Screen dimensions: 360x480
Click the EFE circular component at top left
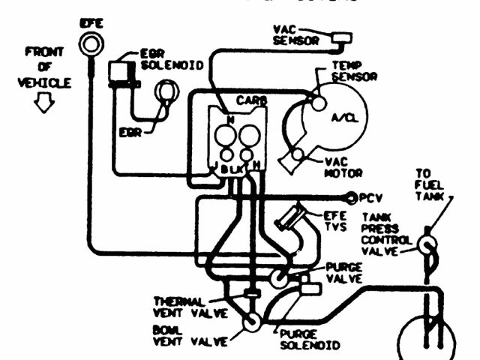click(x=91, y=46)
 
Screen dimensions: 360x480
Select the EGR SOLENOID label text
click(x=172, y=60)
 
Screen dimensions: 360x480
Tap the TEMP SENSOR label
click(x=353, y=71)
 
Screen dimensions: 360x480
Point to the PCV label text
click(x=370, y=198)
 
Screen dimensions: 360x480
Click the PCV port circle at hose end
click(x=350, y=198)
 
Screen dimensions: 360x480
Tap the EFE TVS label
click(x=334, y=221)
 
